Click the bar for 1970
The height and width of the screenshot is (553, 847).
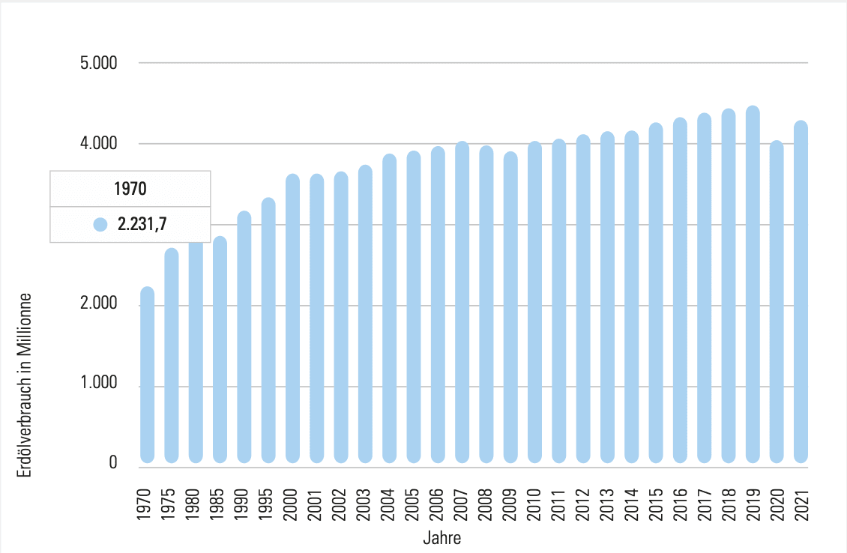point(147,375)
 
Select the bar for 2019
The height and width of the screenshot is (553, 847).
point(753,285)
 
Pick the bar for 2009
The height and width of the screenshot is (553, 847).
point(510,307)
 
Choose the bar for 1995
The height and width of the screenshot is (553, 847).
point(268,330)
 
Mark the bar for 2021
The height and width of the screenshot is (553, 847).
point(801,292)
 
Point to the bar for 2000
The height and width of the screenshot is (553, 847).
point(292,318)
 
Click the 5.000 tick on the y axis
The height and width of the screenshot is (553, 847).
point(99,63)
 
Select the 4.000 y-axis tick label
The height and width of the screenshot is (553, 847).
point(99,143)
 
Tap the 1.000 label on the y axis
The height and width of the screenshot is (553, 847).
point(99,387)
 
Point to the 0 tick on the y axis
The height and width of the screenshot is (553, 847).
point(113,463)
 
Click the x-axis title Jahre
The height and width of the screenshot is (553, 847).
point(441,538)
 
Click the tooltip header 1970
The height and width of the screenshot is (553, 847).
point(130,188)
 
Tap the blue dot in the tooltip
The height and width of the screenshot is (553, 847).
point(100,224)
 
